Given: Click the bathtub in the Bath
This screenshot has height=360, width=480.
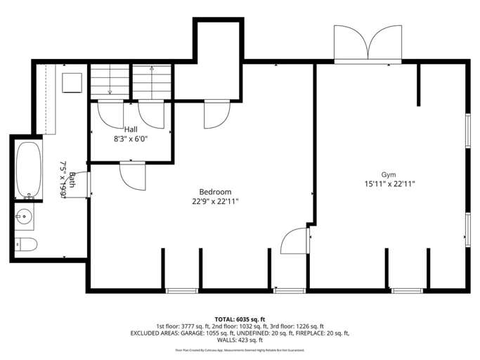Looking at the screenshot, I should tap(27, 169).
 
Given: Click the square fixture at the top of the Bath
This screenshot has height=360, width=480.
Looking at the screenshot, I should tap(72, 82).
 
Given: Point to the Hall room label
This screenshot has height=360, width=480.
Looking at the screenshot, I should tap(131, 129).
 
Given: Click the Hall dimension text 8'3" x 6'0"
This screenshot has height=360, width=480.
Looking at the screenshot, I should tap(131, 139).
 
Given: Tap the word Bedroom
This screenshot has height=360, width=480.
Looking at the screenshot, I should tap(215, 192).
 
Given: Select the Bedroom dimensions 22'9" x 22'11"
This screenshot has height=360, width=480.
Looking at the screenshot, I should tap(215, 201).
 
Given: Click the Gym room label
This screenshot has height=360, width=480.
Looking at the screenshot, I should tap(389, 174).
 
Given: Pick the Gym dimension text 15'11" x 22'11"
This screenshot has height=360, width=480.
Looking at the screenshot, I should tap(389, 184).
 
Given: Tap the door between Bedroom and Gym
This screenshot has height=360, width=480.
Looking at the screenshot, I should tap(296, 240).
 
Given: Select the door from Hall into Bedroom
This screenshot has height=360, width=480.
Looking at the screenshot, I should tap(132, 175).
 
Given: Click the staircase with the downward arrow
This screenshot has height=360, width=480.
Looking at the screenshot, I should tap(110, 81).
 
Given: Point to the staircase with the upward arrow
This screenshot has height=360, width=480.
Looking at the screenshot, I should tap(153, 81).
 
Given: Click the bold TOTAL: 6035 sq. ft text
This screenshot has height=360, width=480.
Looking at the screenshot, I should tap(240, 319).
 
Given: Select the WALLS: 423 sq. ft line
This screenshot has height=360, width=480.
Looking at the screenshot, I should tap(240, 340).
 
